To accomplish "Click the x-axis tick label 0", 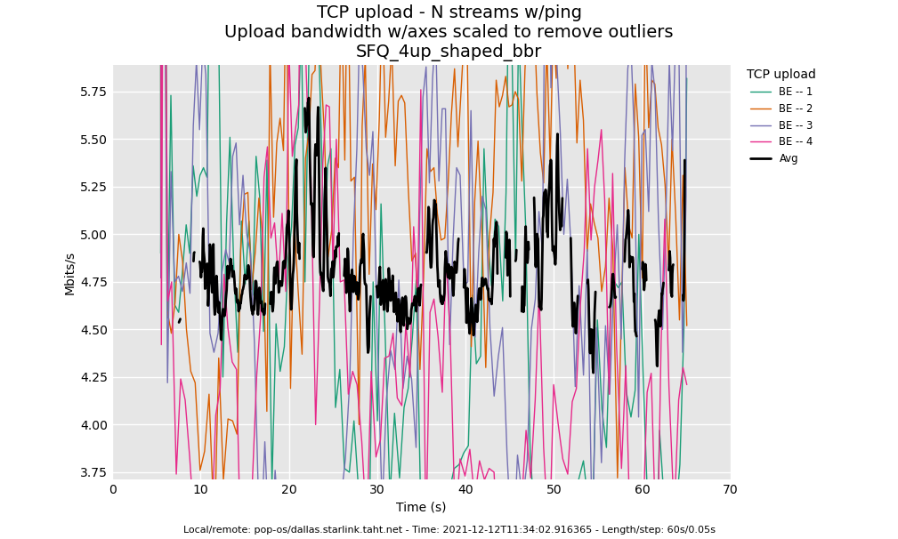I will (113, 489).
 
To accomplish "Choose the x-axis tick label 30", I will (377, 489).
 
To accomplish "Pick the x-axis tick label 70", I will (730, 489).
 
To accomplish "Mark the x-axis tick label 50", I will (554, 489).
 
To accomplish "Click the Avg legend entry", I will (788, 158).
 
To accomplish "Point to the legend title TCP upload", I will (781, 75).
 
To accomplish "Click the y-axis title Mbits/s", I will (69, 273).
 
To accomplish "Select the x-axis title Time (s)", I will (421, 507).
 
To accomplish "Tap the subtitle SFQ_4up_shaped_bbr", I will (449, 52).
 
